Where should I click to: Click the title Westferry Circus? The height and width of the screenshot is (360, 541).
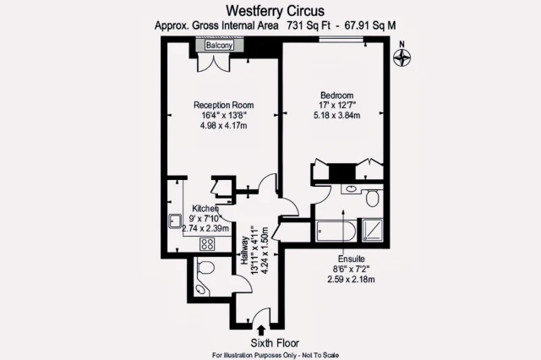271,10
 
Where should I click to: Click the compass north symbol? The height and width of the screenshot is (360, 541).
403,57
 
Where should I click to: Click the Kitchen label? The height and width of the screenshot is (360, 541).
205,209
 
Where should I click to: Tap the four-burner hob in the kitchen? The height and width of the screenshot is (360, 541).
207,243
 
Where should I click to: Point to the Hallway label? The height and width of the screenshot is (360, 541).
246,251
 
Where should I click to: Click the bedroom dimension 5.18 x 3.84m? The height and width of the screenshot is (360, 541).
336,116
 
